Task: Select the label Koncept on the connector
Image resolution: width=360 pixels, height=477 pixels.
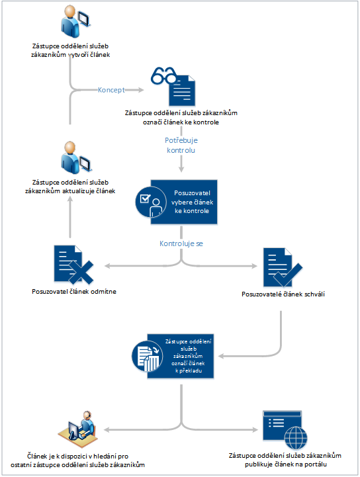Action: point(112,89)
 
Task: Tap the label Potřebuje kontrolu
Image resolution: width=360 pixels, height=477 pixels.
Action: point(181,145)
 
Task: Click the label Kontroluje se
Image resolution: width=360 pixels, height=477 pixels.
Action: point(181,243)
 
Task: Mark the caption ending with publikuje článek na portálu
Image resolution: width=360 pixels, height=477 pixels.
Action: point(285,460)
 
